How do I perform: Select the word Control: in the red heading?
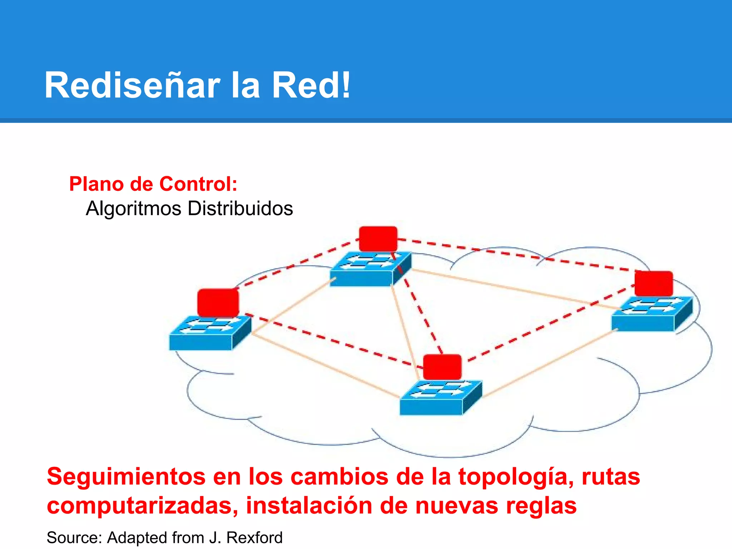[198, 184]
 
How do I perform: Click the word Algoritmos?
[133, 208]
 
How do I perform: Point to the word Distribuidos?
[240, 208]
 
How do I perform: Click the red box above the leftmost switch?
[218, 302]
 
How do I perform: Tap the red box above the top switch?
[378, 238]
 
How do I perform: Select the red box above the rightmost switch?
[654, 283]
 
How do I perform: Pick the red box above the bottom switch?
[442, 367]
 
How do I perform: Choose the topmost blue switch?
[370, 269]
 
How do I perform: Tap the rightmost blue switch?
[651, 314]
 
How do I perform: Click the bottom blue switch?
[440, 398]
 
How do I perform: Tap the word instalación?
[309, 505]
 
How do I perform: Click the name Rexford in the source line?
[254, 538]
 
